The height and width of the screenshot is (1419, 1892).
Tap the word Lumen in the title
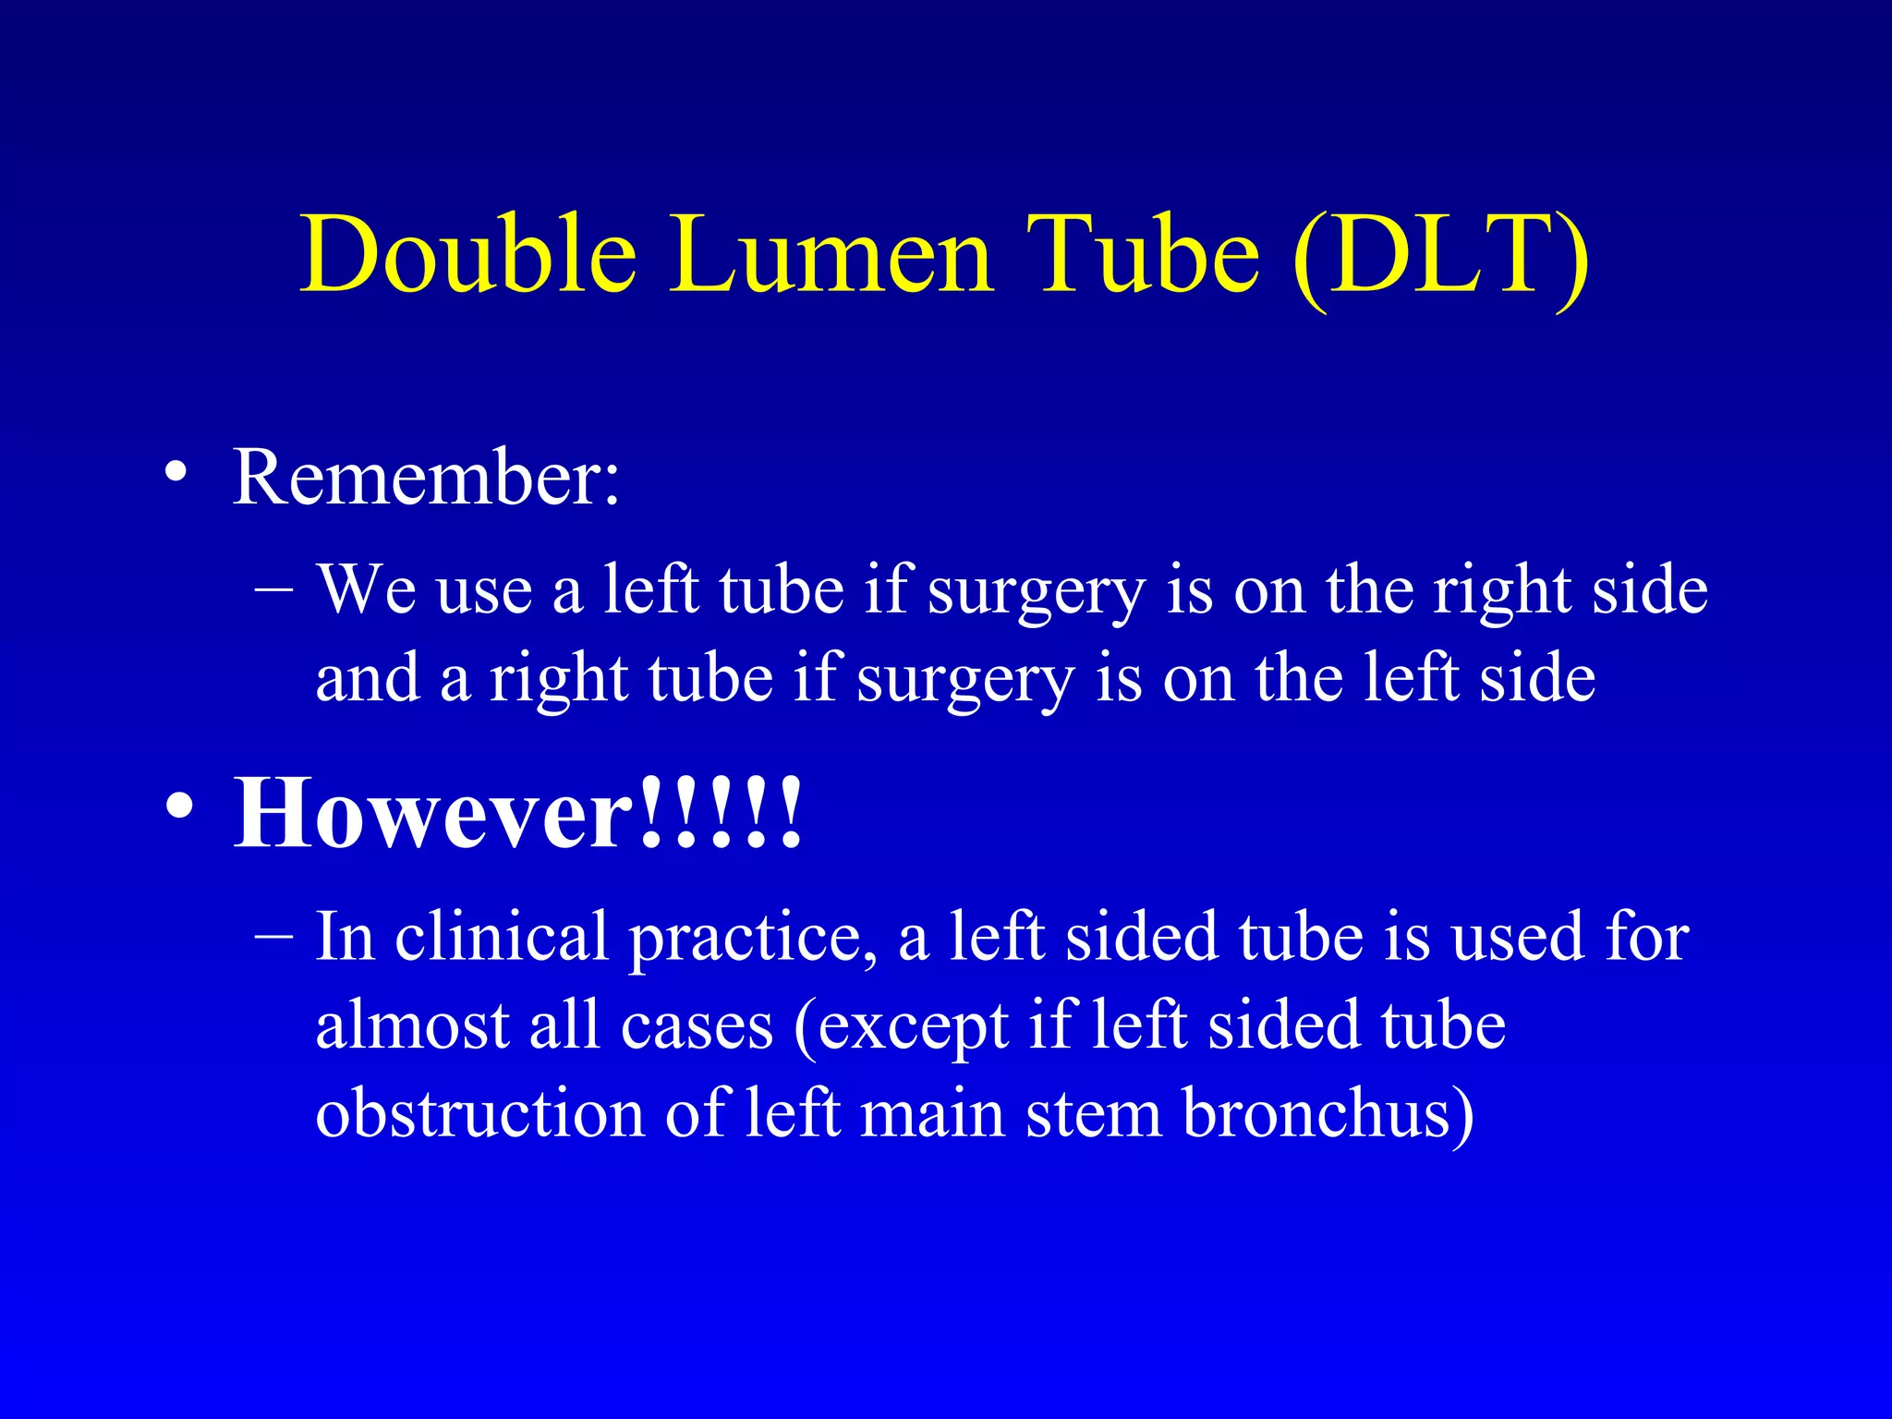pos(831,254)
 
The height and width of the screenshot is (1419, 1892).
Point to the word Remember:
pos(426,478)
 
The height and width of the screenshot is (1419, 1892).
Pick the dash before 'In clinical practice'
pos(273,935)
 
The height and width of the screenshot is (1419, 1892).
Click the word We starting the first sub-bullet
pos(367,589)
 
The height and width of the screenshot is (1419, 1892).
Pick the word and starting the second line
pos(367,677)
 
